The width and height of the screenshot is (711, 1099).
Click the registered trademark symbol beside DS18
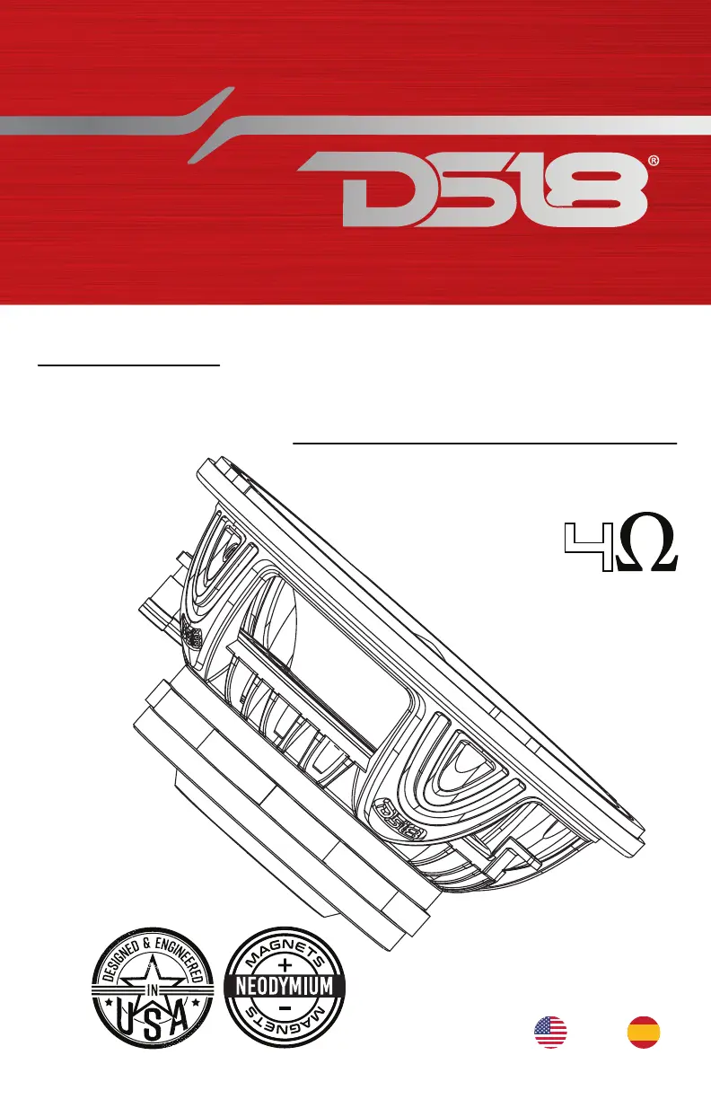[x=654, y=162]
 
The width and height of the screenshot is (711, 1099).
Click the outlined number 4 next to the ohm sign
[x=588, y=547]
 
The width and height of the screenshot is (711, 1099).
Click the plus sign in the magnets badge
[x=285, y=964]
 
